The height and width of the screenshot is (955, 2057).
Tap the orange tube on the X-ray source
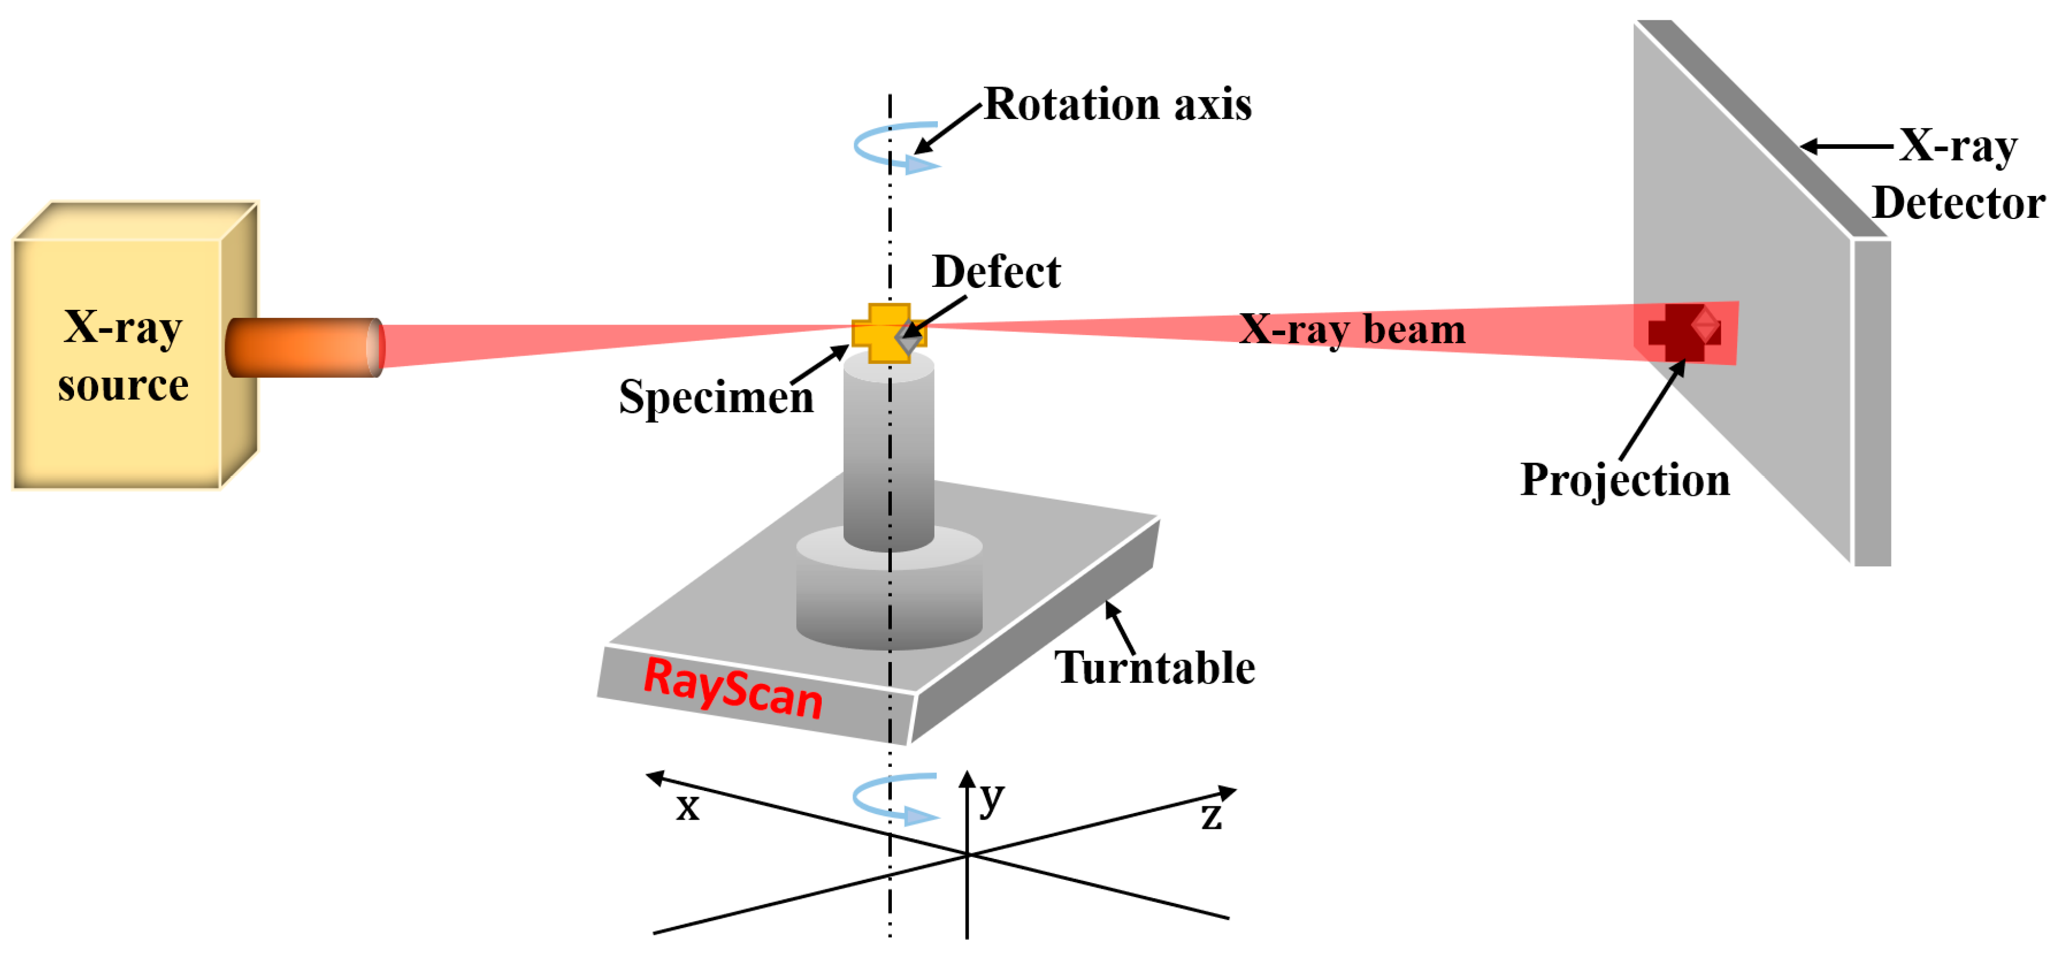click(x=304, y=348)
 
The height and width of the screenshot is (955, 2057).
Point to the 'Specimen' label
click(x=716, y=397)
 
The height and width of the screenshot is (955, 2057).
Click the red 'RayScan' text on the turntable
click(x=732, y=689)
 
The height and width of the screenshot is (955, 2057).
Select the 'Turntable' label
click(x=1154, y=668)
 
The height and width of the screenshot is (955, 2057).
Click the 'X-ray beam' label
click(x=1352, y=329)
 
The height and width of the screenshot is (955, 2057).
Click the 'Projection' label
click(x=1624, y=480)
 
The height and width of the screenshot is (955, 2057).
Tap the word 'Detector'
click(x=1958, y=203)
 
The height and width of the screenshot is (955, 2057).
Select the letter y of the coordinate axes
click(x=991, y=796)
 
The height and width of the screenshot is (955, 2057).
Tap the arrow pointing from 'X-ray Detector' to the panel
click(x=1846, y=146)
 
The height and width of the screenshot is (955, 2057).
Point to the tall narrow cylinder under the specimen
click(x=888, y=455)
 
